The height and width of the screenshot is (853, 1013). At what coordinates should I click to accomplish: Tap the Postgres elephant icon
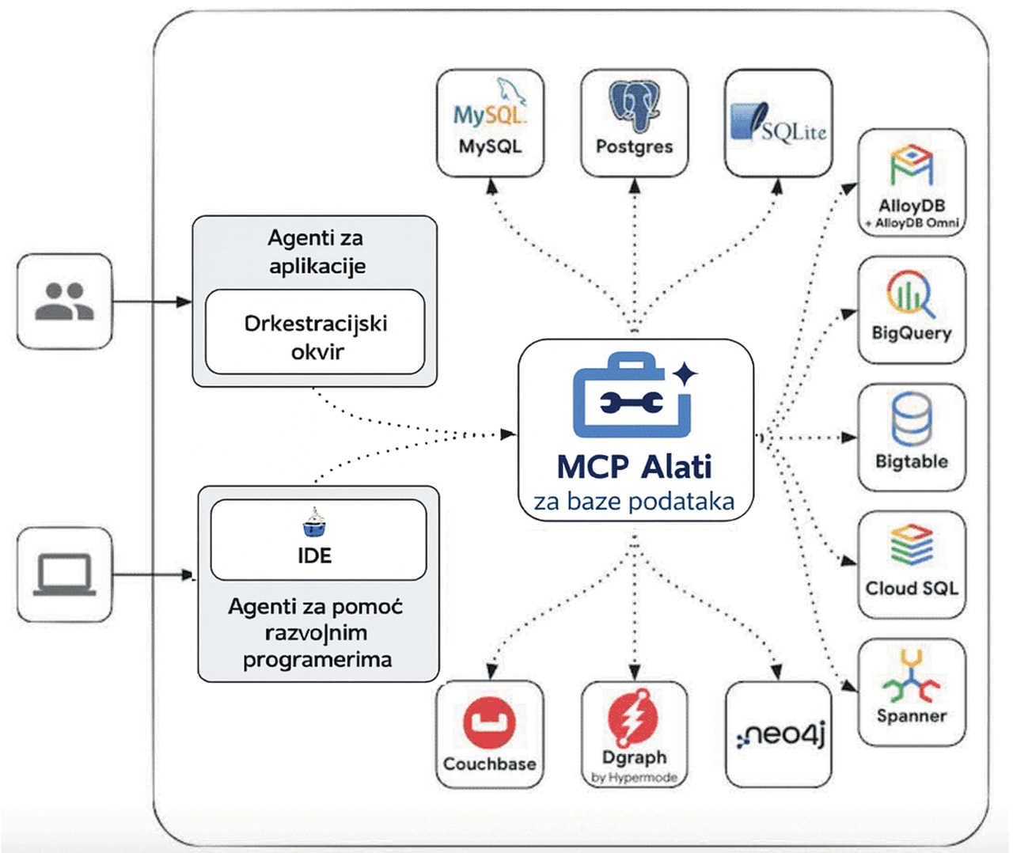pos(634,105)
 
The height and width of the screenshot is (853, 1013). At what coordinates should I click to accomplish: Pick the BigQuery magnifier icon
pos(910,294)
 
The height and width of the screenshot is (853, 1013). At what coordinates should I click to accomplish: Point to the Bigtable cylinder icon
pos(912,419)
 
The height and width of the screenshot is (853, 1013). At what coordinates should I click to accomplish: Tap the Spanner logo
pos(912,677)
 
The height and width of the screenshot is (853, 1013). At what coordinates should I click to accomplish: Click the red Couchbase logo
pos(489,722)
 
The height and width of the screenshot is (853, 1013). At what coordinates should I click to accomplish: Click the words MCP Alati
pos(634,467)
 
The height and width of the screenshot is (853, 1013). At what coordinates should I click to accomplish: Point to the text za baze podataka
pos(634,502)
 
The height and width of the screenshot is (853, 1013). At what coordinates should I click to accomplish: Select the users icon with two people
pos(64,301)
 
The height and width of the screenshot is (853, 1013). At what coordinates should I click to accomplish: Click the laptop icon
pos(64,574)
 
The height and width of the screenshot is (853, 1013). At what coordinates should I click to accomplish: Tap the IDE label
pos(315,555)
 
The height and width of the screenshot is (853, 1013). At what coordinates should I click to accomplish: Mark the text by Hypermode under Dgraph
pos(634,778)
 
